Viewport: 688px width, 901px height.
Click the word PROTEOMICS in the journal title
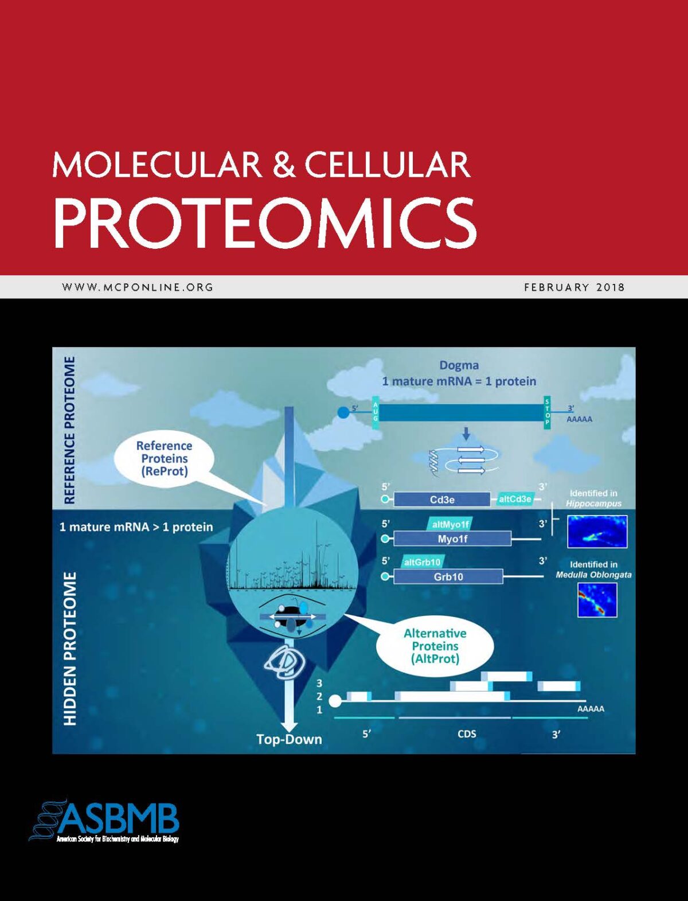point(264,223)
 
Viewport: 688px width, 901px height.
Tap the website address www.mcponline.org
point(138,287)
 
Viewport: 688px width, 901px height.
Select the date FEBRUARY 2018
point(574,287)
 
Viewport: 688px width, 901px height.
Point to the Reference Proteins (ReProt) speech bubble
point(164,459)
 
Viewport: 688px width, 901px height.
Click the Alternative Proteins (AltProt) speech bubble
point(435,646)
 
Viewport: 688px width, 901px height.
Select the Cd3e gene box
point(442,500)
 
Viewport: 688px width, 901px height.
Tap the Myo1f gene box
point(452,539)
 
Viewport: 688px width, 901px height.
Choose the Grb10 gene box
point(448,576)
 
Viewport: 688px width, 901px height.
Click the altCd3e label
point(515,499)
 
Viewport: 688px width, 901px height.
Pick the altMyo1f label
point(450,524)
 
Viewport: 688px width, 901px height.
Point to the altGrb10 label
point(423,562)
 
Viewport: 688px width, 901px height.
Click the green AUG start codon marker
point(376,412)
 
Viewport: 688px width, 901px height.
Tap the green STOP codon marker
point(547,412)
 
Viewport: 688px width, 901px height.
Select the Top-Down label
point(289,739)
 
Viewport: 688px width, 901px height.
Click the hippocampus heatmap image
point(597,531)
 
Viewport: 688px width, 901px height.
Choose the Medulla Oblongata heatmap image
point(597,600)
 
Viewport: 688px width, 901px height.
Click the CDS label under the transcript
point(467,734)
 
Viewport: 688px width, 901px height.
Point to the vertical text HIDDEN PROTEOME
point(70,648)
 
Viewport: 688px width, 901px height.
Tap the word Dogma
point(459,365)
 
